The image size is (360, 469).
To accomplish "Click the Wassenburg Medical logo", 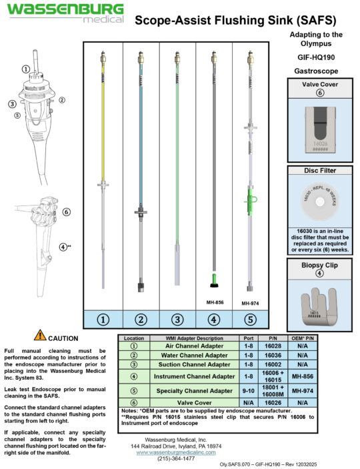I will click(x=65, y=13).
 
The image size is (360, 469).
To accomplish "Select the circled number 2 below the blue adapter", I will click(x=140, y=319).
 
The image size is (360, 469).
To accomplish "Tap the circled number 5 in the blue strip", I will click(x=250, y=319).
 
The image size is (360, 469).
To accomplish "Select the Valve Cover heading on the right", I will click(x=319, y=85).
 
